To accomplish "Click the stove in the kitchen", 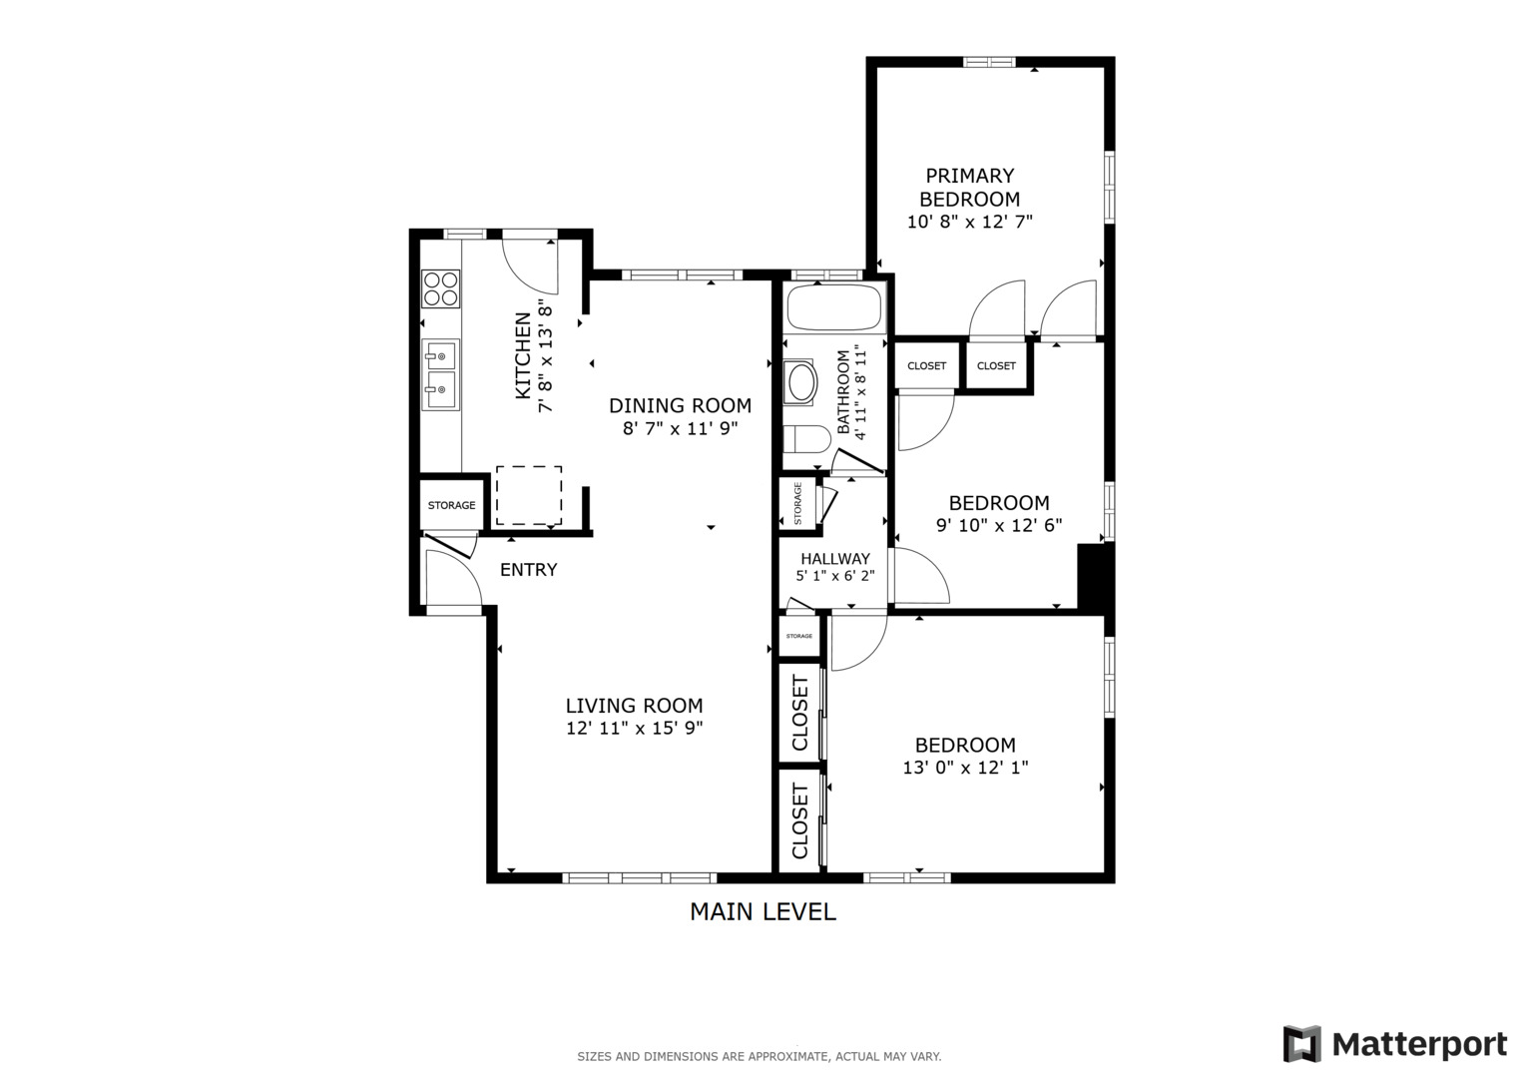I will [x=440, y=288].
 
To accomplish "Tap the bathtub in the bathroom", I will [x=834, y=308].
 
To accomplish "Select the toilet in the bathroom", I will [x=806, y=440].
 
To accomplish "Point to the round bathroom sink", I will [x=801, y=382].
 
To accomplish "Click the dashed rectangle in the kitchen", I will [x=529, y=495].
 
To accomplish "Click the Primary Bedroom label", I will [x=969, y=187].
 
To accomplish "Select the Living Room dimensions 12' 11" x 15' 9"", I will [x=634, y=729].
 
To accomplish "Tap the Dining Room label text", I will [x=680, y=405].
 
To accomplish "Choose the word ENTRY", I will [x=528, y=570].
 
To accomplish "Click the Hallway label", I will [x=834, y=559].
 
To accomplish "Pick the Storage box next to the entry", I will [x=451, y=505].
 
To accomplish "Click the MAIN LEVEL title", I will [x=762, y=911].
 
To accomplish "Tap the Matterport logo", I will [x=1395, y=1044].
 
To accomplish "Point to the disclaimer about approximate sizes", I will [x=759, y=1056].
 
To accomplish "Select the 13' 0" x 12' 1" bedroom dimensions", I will [x=965, y=768].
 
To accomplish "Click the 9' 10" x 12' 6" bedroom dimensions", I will [x=998, y=525].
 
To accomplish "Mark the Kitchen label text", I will [x=522, y=356].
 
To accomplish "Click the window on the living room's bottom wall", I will [x=639, y=878].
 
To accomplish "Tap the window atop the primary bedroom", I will [x=988, y=62].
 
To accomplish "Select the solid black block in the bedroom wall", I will [x=1096, y=576].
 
